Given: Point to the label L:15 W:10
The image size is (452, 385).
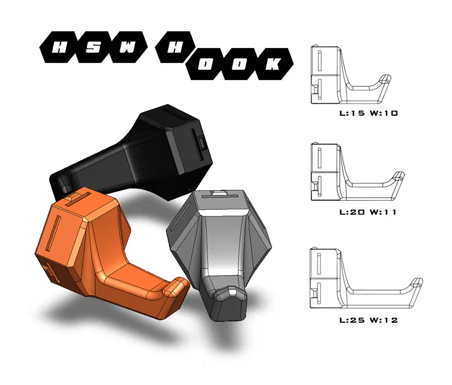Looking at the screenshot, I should click(369, 113).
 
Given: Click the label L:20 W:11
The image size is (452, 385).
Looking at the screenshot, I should click(368, 213).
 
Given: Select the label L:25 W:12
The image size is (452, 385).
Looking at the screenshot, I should click(369, 320).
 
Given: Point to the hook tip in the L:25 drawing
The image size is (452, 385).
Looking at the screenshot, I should click(418, 283).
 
